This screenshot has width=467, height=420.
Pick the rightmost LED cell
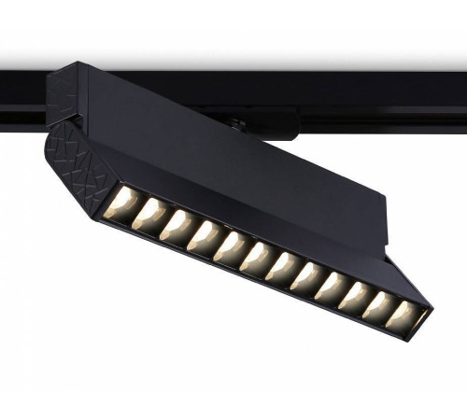tap(403, 316)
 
